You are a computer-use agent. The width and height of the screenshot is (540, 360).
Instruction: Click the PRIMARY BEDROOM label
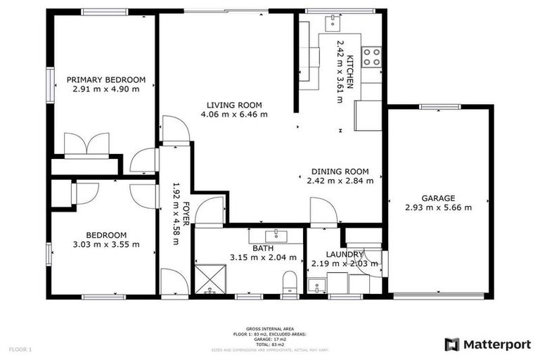pyautogui.click(x=105, y=79)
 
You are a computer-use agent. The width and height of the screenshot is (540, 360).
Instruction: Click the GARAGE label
pyautogui.click(x=438, y=198)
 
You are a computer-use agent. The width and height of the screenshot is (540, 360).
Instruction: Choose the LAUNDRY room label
pyautogui.click(x=345, y=254)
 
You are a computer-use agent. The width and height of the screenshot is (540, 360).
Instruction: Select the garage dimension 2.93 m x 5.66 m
pyautogui.click(x=438, y=207)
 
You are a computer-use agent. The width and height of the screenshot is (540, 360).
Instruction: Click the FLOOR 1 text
pyautogui.click(x=21, y=349)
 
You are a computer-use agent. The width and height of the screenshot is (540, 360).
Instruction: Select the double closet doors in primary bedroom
pyautogui.click(x=84, y=144)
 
